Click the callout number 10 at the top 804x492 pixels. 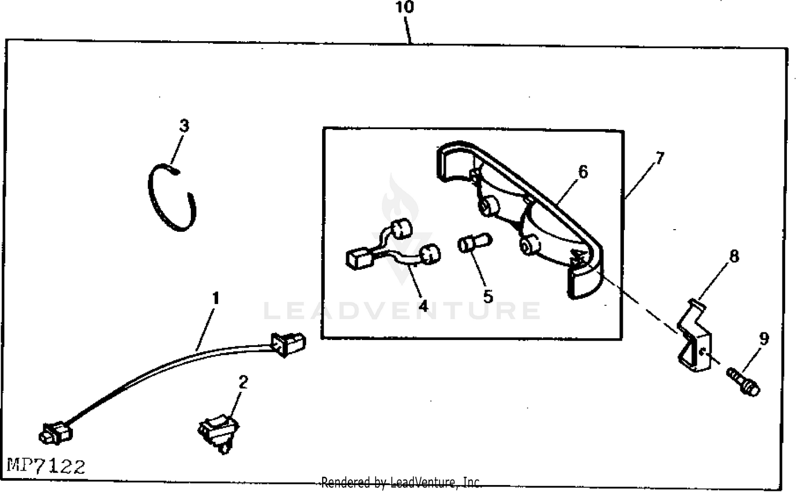(405, 7)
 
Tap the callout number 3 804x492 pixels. (184, 126)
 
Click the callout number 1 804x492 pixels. (215, 298)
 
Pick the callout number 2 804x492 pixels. (243, 382)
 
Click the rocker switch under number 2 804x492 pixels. (219, 432)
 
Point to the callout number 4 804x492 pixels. (423, 306)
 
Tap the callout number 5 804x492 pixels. (488, 296)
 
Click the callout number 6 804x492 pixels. (583, 171)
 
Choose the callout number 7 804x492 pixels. (659, 158)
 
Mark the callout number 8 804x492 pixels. (734, 256)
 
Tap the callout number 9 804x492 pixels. (764, 338)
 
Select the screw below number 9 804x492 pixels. (744, 381)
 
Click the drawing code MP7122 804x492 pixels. (46, 466)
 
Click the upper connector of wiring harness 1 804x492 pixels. (288, 343)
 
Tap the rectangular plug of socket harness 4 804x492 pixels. (360, 259)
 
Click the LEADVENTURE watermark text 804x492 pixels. (402, 311)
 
